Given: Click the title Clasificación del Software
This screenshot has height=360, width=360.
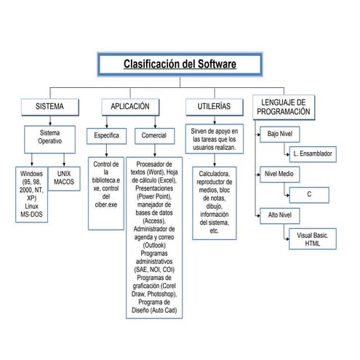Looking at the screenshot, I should click(x=180, y=65).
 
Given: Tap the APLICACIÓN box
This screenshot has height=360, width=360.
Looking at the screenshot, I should click(x=129, y=107).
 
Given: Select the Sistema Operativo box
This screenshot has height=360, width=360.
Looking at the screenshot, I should click(x=50, y=137).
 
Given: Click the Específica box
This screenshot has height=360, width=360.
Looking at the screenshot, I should click(x=107, y=136).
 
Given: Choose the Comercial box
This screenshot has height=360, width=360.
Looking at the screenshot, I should click(x=153, y=136).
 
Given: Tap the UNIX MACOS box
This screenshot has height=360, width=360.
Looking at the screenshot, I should click(x=64, y=177).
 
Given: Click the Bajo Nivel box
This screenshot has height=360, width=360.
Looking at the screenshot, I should click(x=279, y=135).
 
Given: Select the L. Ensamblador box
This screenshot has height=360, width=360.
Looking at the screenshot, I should click(x=312, y=154).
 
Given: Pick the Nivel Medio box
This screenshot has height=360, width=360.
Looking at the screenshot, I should click(x=279, y=175).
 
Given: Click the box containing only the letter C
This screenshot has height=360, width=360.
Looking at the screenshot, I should click(x=309, y=195).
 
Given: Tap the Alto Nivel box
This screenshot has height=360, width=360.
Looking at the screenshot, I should click(x=279, y=215).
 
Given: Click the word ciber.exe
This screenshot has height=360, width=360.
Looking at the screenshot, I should click(x=107, y=205).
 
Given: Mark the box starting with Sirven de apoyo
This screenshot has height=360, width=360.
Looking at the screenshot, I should click(x=214, y=139).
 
